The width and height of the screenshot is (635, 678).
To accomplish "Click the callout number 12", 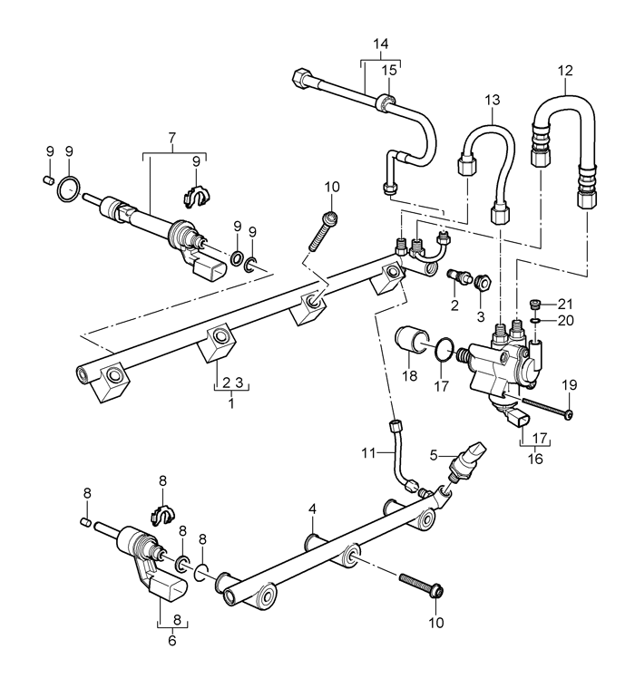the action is point(565,71).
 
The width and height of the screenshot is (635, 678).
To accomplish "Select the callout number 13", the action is point(493,101).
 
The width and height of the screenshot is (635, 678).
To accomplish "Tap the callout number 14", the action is point(381,44).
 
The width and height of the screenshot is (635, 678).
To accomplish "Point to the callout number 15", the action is point(389,70).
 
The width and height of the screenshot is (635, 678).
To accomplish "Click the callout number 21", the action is point(565,305).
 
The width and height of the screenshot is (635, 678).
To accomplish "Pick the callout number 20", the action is point(565,320).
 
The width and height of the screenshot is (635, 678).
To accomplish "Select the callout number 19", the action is point(570,385).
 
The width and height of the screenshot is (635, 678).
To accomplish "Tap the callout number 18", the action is point(409,376).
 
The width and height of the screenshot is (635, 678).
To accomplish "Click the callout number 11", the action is point(368,452).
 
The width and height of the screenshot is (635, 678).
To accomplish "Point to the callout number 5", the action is point(434,455).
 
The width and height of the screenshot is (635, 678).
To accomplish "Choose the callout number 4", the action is point(313,508).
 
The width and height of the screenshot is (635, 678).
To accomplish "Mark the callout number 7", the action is point(171,138).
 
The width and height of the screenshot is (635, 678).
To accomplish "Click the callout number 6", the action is point(172,640).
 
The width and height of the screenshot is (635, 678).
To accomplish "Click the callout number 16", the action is point(535,459).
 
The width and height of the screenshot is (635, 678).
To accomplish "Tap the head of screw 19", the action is point(570,414).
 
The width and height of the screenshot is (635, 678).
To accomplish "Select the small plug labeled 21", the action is point(536,304).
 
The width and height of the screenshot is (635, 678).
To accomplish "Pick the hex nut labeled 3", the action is point(484,283).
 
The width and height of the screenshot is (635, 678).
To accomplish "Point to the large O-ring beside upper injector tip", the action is point(68,189).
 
